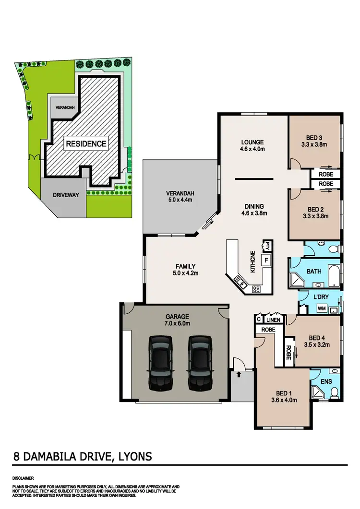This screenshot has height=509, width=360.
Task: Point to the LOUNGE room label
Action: pyautogui.click(x=252, y=145)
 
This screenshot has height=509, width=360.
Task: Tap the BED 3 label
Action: pyautogui.click(x=314, y=140)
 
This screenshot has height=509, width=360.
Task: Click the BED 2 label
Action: pyautogui.click(x=314, y=213)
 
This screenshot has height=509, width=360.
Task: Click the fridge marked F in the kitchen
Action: pyautogui.click(x=264, y=260)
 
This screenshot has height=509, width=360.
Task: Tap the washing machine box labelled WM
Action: pyautogui.click(x=322, y=308)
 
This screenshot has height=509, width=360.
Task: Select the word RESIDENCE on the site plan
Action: pyautogui.click(x=86, y=143)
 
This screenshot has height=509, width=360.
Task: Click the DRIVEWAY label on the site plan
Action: pyautogui.click(x=63, y=196)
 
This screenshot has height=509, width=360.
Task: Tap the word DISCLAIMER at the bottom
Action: pyautogui.click(x=24, y=478)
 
